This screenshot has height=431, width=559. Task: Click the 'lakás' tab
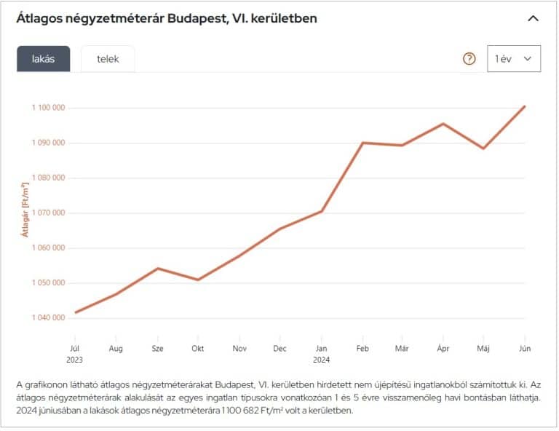click(x=44, y=59)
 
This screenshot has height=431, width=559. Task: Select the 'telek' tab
click(x=108, y=59)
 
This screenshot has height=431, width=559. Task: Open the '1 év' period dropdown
click(x=514, y=59)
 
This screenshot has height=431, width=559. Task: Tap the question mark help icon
click(x=469, y=59)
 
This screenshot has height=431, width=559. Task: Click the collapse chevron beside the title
click(x=533, y=18)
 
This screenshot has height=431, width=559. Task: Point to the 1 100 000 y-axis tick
click(x=49, y=108)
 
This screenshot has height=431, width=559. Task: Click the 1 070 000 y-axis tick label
click(x=49, y=213)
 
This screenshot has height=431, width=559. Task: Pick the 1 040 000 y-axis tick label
click(x=49, y=317)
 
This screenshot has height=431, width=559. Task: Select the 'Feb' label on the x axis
click(x=362, y=349)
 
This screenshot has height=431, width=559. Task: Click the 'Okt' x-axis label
click(x=198, y=349)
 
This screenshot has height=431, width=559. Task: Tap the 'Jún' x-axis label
click(x=524, y=349)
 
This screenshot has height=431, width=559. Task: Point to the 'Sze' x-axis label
click(x=157, y=349)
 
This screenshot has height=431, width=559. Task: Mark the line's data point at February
click(x=362, y=143)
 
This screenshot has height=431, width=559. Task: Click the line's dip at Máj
click(x=483, y=149)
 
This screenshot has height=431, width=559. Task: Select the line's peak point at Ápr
click(x=443, y=124)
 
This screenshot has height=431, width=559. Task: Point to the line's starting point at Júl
click(x=75, y=312)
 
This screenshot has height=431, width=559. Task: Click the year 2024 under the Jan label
click(x=322, y=360)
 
